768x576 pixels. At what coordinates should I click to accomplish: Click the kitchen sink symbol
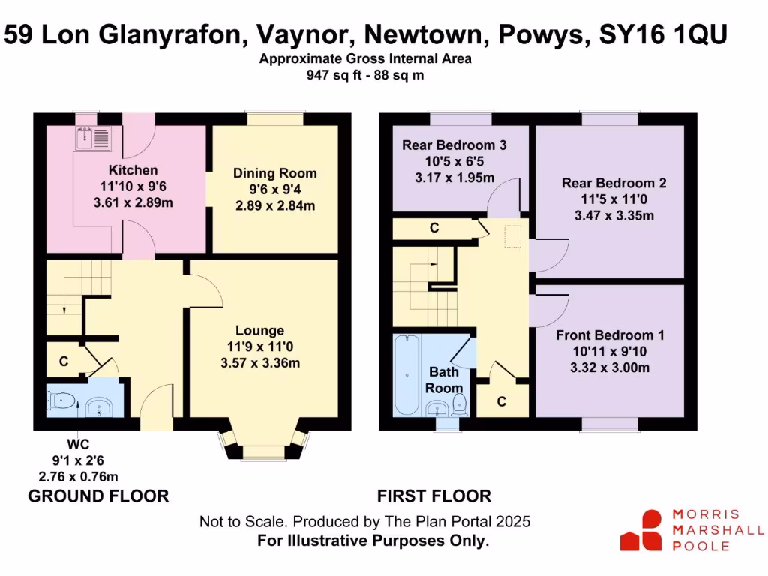tap(94, 138)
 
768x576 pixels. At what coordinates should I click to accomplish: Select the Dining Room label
tap(274, 173)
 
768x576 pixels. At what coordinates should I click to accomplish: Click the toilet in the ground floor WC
tap(62, 403)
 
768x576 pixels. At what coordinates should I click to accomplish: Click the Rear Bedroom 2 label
tap(614, 183)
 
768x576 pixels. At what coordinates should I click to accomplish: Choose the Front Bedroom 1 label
tap(610, 335)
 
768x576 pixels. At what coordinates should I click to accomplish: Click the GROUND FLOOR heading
tap(98, 496)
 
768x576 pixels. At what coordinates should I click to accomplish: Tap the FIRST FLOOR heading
tap(434, 496)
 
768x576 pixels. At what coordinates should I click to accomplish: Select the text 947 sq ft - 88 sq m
tap(365, 74)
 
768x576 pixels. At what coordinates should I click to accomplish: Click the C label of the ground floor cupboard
tap(64, 361)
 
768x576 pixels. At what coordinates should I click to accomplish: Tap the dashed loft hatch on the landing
tap(514, 236)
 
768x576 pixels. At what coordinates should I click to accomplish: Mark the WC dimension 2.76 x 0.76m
tap(78, 475)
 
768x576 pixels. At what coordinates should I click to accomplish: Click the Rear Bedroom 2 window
tap(609, 118)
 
